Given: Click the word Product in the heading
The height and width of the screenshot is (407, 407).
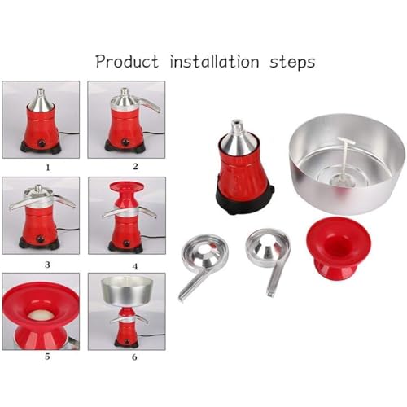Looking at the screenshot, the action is [x=127, y=61].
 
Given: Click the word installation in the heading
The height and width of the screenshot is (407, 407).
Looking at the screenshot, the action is [x=214, y=61].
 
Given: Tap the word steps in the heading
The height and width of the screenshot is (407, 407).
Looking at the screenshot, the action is [x=292, y=63].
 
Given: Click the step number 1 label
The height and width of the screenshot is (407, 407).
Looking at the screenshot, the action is [x=48, y=168].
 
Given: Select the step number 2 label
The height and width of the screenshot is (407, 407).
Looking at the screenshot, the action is [x=135, y=166].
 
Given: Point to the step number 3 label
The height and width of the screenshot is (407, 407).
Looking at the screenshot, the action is [x=47, y=265].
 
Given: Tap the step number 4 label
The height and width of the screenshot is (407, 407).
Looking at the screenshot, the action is [x=135, y=266].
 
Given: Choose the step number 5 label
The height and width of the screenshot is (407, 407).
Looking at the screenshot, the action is [x=47, y=357].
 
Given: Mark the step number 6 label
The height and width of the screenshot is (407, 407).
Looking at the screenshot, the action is [x=134, y=357].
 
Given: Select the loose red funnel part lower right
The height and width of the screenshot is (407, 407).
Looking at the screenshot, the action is [x=339, y=247].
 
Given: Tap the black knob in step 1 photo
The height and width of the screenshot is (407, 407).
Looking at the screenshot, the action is [x=42, y=143].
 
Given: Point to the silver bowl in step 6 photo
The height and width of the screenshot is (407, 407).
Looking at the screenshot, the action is [x=127, y=290].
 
